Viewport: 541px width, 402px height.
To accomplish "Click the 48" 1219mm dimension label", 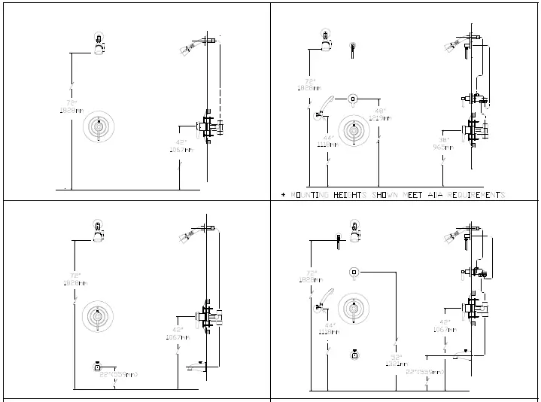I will pyautogui.click(x=381, y=114).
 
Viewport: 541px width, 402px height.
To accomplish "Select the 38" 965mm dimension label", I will pyautogui.click(x=444, y=143).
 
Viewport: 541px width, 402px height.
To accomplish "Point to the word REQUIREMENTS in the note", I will pyautogui.click(x=476, y=195).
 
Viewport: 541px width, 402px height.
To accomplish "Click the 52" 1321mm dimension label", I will pyautogui.click(x=396, y=360).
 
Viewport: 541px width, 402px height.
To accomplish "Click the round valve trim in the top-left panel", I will pyautogui.click(x=97, y=127).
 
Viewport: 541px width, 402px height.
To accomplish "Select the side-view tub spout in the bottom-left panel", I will pyautogui.click(x=197, y=367).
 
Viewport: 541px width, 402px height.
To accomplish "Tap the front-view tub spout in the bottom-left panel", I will pyautogui.click(x=98, y=367).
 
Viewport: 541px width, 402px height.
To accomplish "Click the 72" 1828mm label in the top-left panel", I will pyautogui.click(x=71, y=106).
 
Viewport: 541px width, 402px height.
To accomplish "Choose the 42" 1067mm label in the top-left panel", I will pyautogui.click(x=180, y=145).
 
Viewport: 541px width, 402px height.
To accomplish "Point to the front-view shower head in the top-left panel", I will pyautogui.click(x=98, y=44).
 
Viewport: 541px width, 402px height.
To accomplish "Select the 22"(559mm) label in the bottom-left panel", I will pyautogui.click(x=118, y=374).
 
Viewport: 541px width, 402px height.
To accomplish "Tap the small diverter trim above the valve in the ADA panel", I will pyautogui.click(x=352, y=98).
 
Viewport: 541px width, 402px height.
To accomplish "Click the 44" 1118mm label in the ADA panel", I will pyautogui.click(x=328, y=141).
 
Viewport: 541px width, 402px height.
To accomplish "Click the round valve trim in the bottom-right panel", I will pyautogui.click(x=353, y=306).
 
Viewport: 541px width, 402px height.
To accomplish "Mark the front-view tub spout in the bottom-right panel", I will pyautogui.click(x=353, y=355).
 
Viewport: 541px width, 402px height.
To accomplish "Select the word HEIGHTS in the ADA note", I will pyautogui.click(x=349, y=195).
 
